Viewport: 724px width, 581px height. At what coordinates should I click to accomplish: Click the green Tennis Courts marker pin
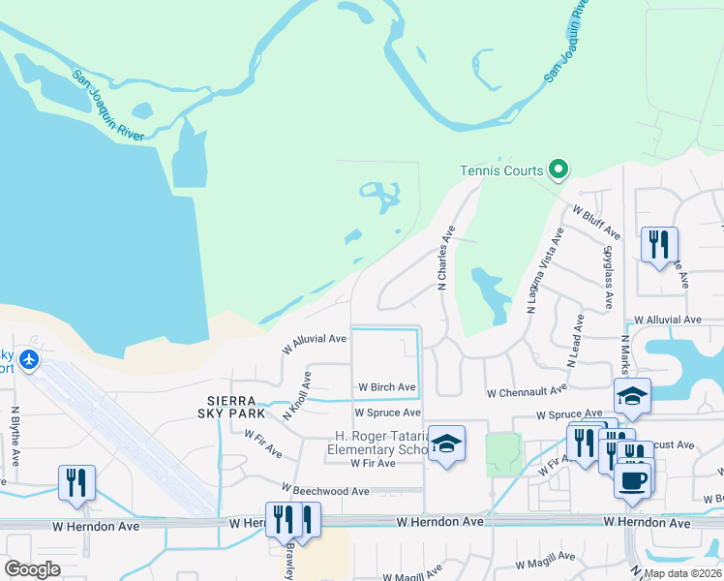558,170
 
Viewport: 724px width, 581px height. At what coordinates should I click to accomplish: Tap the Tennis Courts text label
501,171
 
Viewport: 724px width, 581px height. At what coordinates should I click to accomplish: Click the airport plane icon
29,360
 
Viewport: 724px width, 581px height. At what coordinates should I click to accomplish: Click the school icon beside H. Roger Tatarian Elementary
446,443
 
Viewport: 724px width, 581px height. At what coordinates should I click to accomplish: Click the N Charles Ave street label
444,259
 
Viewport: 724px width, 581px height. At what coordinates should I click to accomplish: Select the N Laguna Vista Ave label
544,270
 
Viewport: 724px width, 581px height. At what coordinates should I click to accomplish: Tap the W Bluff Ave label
596,222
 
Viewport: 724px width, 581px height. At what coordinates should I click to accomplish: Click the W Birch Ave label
387,387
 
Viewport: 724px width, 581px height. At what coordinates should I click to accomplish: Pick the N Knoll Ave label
297,396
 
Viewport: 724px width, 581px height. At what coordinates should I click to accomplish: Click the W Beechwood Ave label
325,491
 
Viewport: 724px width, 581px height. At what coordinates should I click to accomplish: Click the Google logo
33,568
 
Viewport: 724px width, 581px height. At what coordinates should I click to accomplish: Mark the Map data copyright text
682,573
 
